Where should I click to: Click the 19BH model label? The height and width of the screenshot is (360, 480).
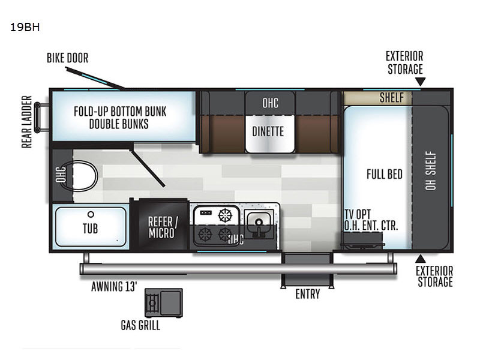[x=25, y=27]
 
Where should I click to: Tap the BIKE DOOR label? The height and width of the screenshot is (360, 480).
[x=67, y=58]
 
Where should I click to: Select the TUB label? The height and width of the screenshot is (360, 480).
[x=91, y=229]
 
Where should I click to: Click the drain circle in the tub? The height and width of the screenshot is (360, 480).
[x=91, y=214]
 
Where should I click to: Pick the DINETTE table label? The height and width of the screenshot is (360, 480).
[x=268, y=131]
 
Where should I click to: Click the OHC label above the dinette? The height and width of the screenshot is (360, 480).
[x=271, y=103]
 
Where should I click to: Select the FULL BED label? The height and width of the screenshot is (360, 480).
[x=385, y=174]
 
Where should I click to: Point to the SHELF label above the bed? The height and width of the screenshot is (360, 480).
[x=392, y=98]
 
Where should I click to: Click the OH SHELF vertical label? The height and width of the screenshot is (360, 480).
[x=431, y=170]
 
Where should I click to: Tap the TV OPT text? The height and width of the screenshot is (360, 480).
[x=358, y=214]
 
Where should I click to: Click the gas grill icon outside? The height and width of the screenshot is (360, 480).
[x=164, y=303]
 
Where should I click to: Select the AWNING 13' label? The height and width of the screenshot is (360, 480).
[x=114, y=287]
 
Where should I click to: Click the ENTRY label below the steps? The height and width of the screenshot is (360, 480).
[x=308, y=294]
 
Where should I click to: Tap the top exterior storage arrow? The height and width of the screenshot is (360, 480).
[x=421, y=82]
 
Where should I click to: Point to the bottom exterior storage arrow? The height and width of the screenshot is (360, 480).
[x=421, y=259]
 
